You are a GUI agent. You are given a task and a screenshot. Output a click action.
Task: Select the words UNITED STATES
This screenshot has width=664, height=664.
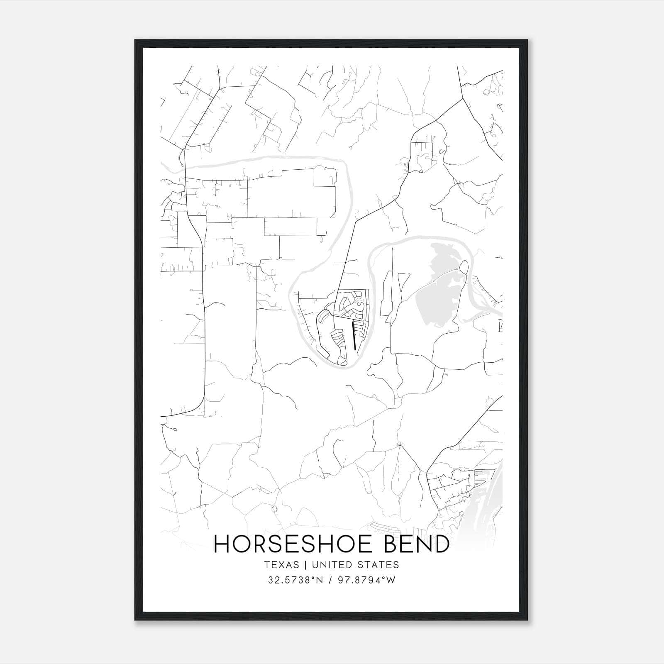tap(355, 565)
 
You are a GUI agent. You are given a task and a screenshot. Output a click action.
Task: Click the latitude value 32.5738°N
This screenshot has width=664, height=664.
tap(295, 580)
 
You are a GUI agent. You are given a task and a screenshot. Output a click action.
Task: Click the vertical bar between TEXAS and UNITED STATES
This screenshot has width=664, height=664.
tap(305, 565)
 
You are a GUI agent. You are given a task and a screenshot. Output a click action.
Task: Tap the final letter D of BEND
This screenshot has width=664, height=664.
tap(442, 544)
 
